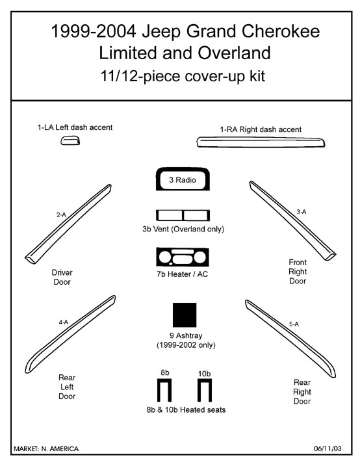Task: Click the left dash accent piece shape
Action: coord(70,140)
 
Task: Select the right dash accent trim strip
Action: coord(261,142)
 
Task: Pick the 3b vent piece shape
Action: coord(183,215)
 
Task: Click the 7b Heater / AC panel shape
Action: coord(183,257)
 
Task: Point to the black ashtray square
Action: coord(185,315)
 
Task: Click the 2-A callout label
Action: coord(62,214)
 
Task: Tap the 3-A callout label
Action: coord(302,212)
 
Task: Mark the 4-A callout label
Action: coord(63,322)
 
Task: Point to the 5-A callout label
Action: coord(294,324)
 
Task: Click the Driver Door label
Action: coord(62,277)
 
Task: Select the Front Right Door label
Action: coord(298,271)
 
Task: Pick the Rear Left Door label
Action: coord(67,387)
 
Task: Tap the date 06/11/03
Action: coord(328,448)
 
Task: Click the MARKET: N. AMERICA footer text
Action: coord(46,448)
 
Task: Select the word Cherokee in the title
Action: coord(281,31)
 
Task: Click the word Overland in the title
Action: coord(234,53)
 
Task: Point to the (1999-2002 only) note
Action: coord(186,345)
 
